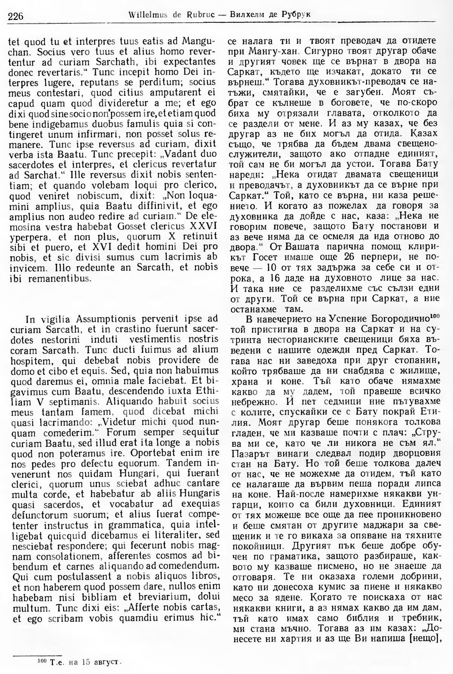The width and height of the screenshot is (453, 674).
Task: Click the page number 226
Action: [15, 16]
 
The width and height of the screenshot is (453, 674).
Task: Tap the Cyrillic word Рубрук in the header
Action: [300, 15]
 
